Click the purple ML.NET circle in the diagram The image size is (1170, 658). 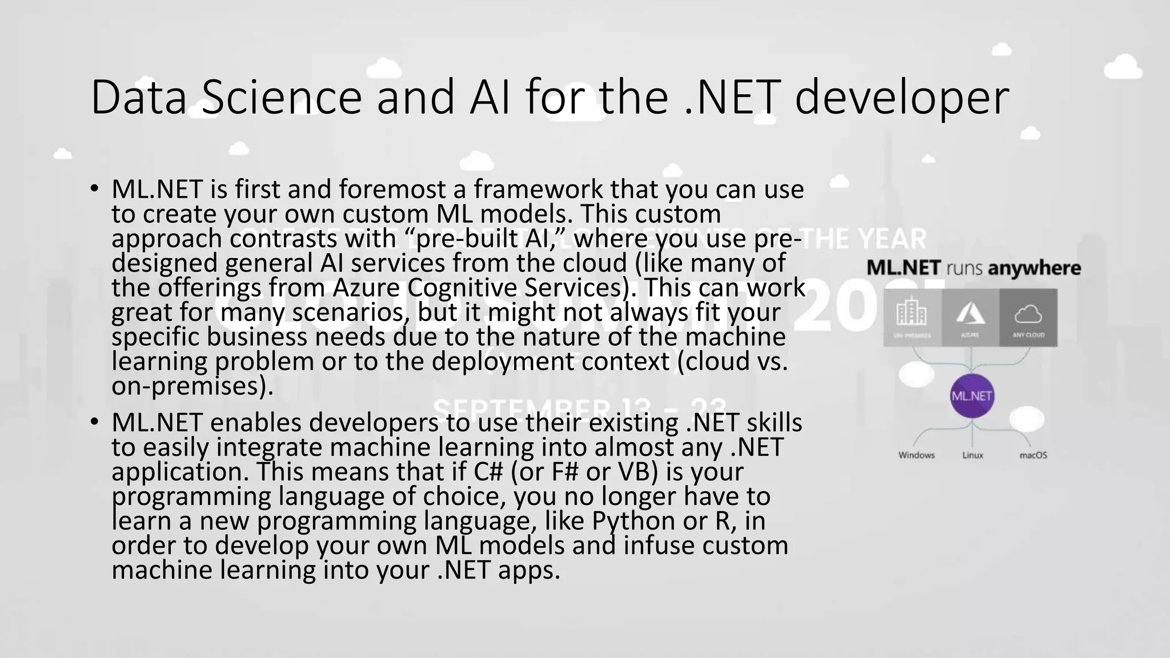pos(972,396)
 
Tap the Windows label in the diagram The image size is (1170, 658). pos(916,455)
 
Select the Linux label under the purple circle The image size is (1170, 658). pos(972,455)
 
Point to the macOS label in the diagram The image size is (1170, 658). pos(1033,455)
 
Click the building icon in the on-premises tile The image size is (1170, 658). pos(912,313)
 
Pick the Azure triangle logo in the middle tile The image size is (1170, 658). pos(971,313)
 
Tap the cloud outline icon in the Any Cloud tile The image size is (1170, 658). pos(1028,314)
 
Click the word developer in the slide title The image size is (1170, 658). pos(901,98)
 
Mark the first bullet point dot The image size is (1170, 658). pos(95,188)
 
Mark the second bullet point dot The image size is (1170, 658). pos(95,422)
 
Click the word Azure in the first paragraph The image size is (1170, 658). pos(368,287)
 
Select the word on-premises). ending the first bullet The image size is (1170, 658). pos(193,386)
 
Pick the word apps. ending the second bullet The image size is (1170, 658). pos(529,570)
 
